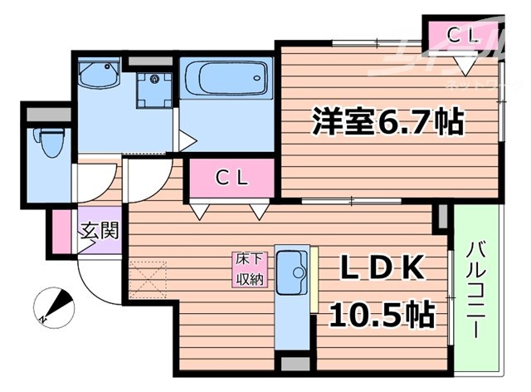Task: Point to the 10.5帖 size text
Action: (382, 314)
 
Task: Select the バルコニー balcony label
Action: (476, 289)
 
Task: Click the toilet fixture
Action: (49, 143)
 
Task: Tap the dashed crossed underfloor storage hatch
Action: (148, 281)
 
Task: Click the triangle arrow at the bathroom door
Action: (188, 140)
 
